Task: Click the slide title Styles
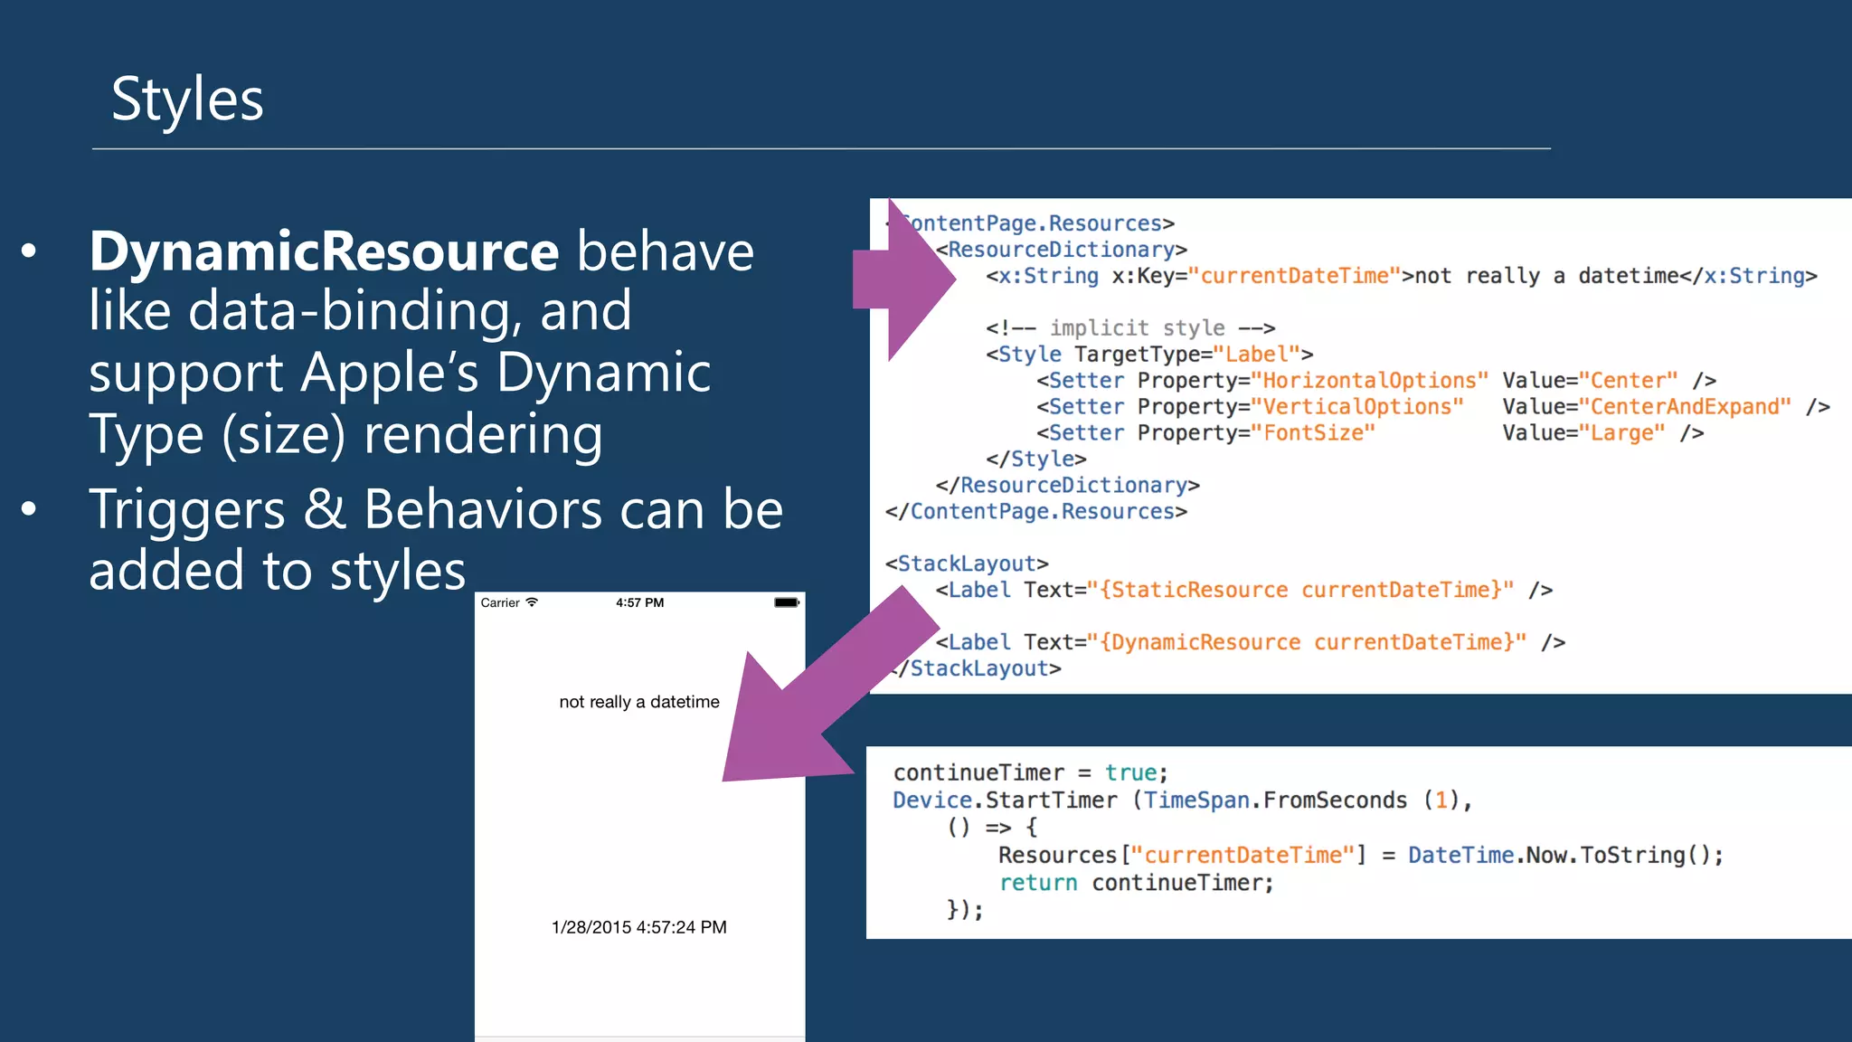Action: click(187, 99)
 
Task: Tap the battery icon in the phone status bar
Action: click(786, 602)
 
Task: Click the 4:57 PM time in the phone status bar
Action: click(639, 602)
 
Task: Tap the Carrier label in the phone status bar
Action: click(500, 603)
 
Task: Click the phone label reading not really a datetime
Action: click(639, 702)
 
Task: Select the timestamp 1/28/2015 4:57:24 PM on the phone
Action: click(639, 927)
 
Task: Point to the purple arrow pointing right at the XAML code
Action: click(904, 280)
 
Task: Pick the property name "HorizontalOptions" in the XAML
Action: click(1369, 381)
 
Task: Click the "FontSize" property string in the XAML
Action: click(1313, 433)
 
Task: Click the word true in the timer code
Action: click(1130, 773)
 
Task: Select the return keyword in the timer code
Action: click(1038, 883)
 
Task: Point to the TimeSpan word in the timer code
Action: click(1196, 800)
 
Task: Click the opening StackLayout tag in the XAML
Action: click(967, 564)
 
